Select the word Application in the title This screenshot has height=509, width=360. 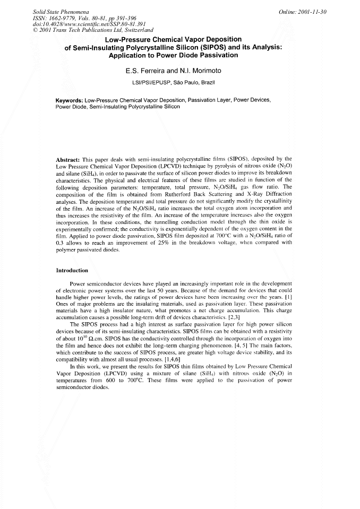(133, 55)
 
